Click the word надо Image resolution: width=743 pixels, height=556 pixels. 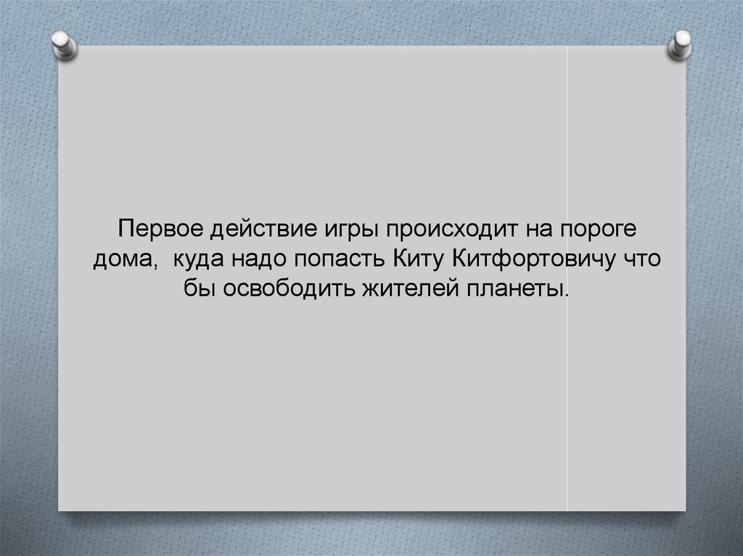pos(260,260)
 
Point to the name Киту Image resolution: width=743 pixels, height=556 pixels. pos(421,260)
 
